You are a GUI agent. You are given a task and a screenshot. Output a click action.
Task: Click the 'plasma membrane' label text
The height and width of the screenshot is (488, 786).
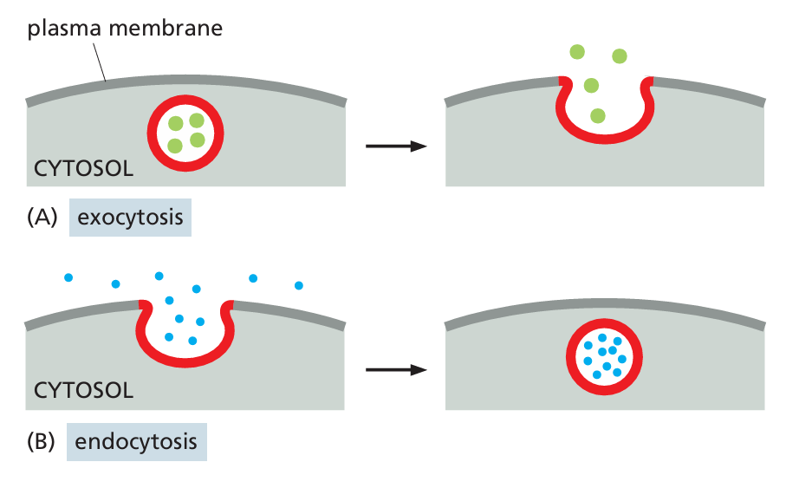point(125,29)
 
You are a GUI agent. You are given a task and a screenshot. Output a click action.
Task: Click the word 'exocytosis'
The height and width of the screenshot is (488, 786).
point(130,217)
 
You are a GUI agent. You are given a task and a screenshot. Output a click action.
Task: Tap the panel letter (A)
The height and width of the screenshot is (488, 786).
point(41,217)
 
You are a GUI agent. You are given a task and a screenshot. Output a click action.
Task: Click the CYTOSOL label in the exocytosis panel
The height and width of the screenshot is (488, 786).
point(83,168)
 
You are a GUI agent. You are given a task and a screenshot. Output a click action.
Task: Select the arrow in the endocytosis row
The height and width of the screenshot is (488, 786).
point(396,370)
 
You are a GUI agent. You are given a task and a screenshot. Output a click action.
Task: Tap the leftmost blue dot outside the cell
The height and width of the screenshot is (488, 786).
point(68,278)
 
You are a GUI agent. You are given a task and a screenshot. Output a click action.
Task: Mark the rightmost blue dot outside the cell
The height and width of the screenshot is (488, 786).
point(299,284)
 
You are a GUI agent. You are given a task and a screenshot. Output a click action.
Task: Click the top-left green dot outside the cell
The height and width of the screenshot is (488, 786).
point(577,52)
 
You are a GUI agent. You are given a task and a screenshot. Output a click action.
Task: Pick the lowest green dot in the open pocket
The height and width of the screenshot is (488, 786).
point(597,115)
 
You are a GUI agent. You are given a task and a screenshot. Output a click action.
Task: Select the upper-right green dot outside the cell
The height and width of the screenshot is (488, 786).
point(620,57)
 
